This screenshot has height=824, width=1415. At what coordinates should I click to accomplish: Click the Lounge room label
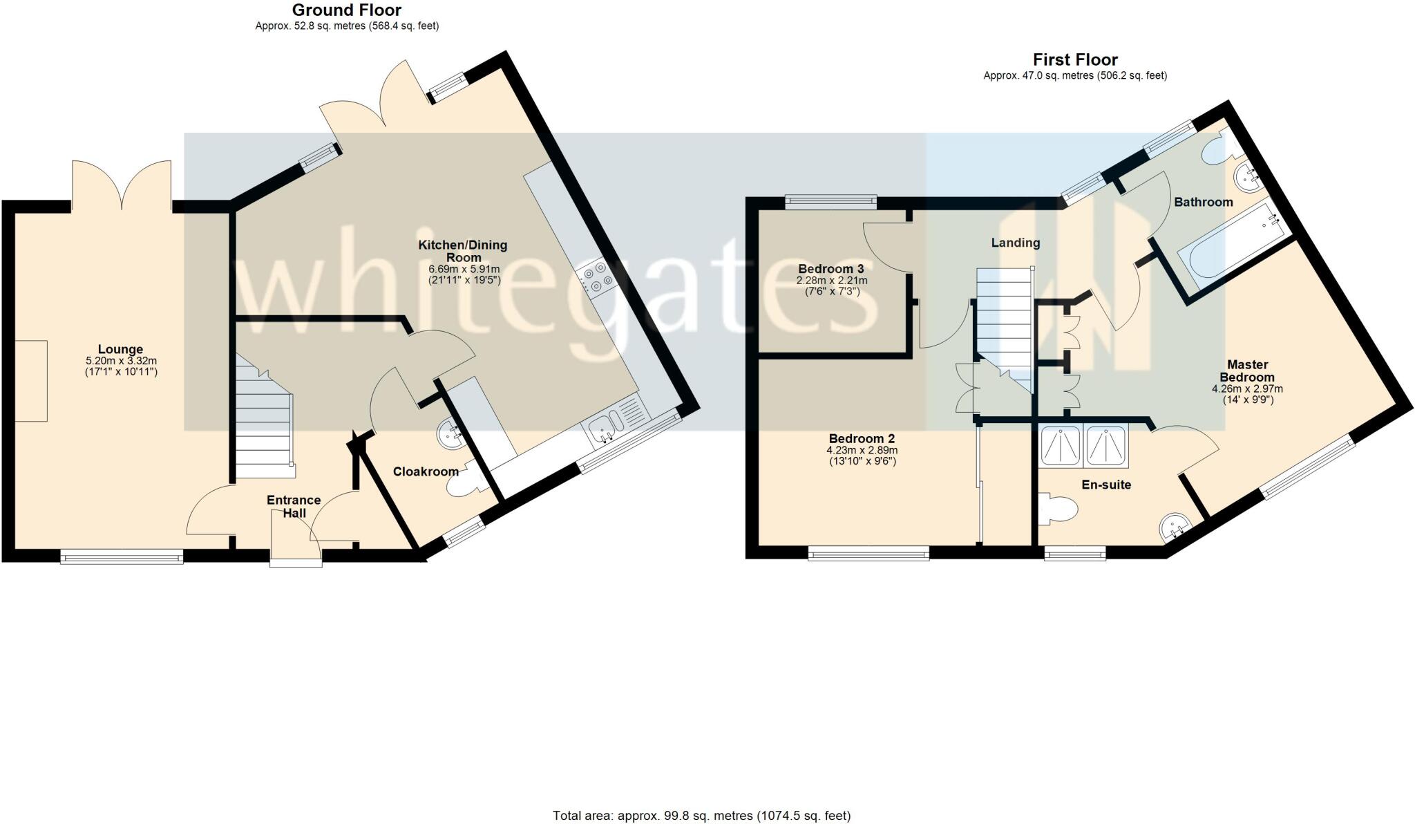(120, 349)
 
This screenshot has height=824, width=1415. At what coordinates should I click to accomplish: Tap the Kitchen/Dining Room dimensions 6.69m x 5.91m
(464, 270)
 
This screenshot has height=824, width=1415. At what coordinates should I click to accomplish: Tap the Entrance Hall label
(294, 506)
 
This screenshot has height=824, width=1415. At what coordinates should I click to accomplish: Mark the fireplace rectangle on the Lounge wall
(31, 380)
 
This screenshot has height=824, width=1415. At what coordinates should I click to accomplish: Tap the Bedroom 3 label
(831, 269)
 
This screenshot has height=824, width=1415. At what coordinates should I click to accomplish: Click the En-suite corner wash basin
(1174, 529)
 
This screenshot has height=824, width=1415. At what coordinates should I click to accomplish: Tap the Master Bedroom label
(1247, 371)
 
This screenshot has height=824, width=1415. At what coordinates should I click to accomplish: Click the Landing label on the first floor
(1015, 243)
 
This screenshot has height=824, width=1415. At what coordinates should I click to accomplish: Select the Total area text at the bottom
(701, 816)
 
